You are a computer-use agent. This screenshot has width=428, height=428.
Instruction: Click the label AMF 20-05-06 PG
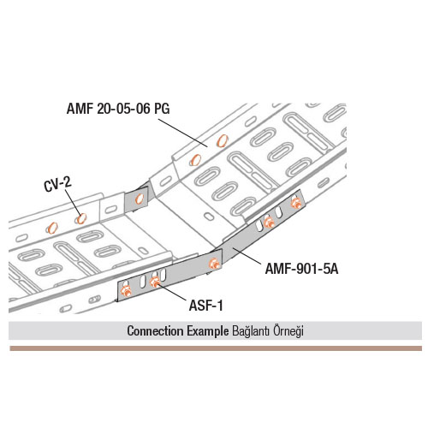[x=118, y=109]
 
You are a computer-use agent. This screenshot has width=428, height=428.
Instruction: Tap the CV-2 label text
[x=57, y=184]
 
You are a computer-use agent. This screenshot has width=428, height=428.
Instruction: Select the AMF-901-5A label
[x=301, y=269]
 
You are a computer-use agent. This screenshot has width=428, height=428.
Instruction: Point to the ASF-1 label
[x=205, y=306]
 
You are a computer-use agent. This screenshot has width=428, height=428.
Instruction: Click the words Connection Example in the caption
[x=178, y=331]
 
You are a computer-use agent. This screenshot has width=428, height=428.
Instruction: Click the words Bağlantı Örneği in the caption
[x=268, y=331]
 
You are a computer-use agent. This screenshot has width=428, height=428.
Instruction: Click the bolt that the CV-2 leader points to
[x=80, y=218]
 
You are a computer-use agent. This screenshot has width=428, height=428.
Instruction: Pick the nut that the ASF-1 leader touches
[x=154, y=282]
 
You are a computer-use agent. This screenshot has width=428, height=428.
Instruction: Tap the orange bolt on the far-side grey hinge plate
[x=140, y=199]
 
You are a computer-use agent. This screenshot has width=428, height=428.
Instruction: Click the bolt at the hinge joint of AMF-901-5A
[x=214, y=264]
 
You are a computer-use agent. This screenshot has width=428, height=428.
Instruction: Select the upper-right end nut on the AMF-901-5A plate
[x=295, y=202]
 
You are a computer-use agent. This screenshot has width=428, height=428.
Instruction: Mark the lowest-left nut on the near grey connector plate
[x=126, y=291]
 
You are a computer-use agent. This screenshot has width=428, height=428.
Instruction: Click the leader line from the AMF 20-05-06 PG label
[x=183, y=134]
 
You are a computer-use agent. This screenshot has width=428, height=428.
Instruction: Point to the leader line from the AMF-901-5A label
[x=247, y=256]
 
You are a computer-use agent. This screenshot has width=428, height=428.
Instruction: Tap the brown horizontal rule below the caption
[x=216, y=348]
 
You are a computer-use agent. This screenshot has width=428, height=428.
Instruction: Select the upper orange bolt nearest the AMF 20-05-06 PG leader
[x=222, y=140]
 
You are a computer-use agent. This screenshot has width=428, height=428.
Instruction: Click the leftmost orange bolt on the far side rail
[x=52, y=228]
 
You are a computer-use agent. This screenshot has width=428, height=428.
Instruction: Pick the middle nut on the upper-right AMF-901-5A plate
[x=269, y=222]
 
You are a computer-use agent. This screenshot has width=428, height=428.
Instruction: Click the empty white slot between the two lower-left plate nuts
[x=142, y=280]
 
